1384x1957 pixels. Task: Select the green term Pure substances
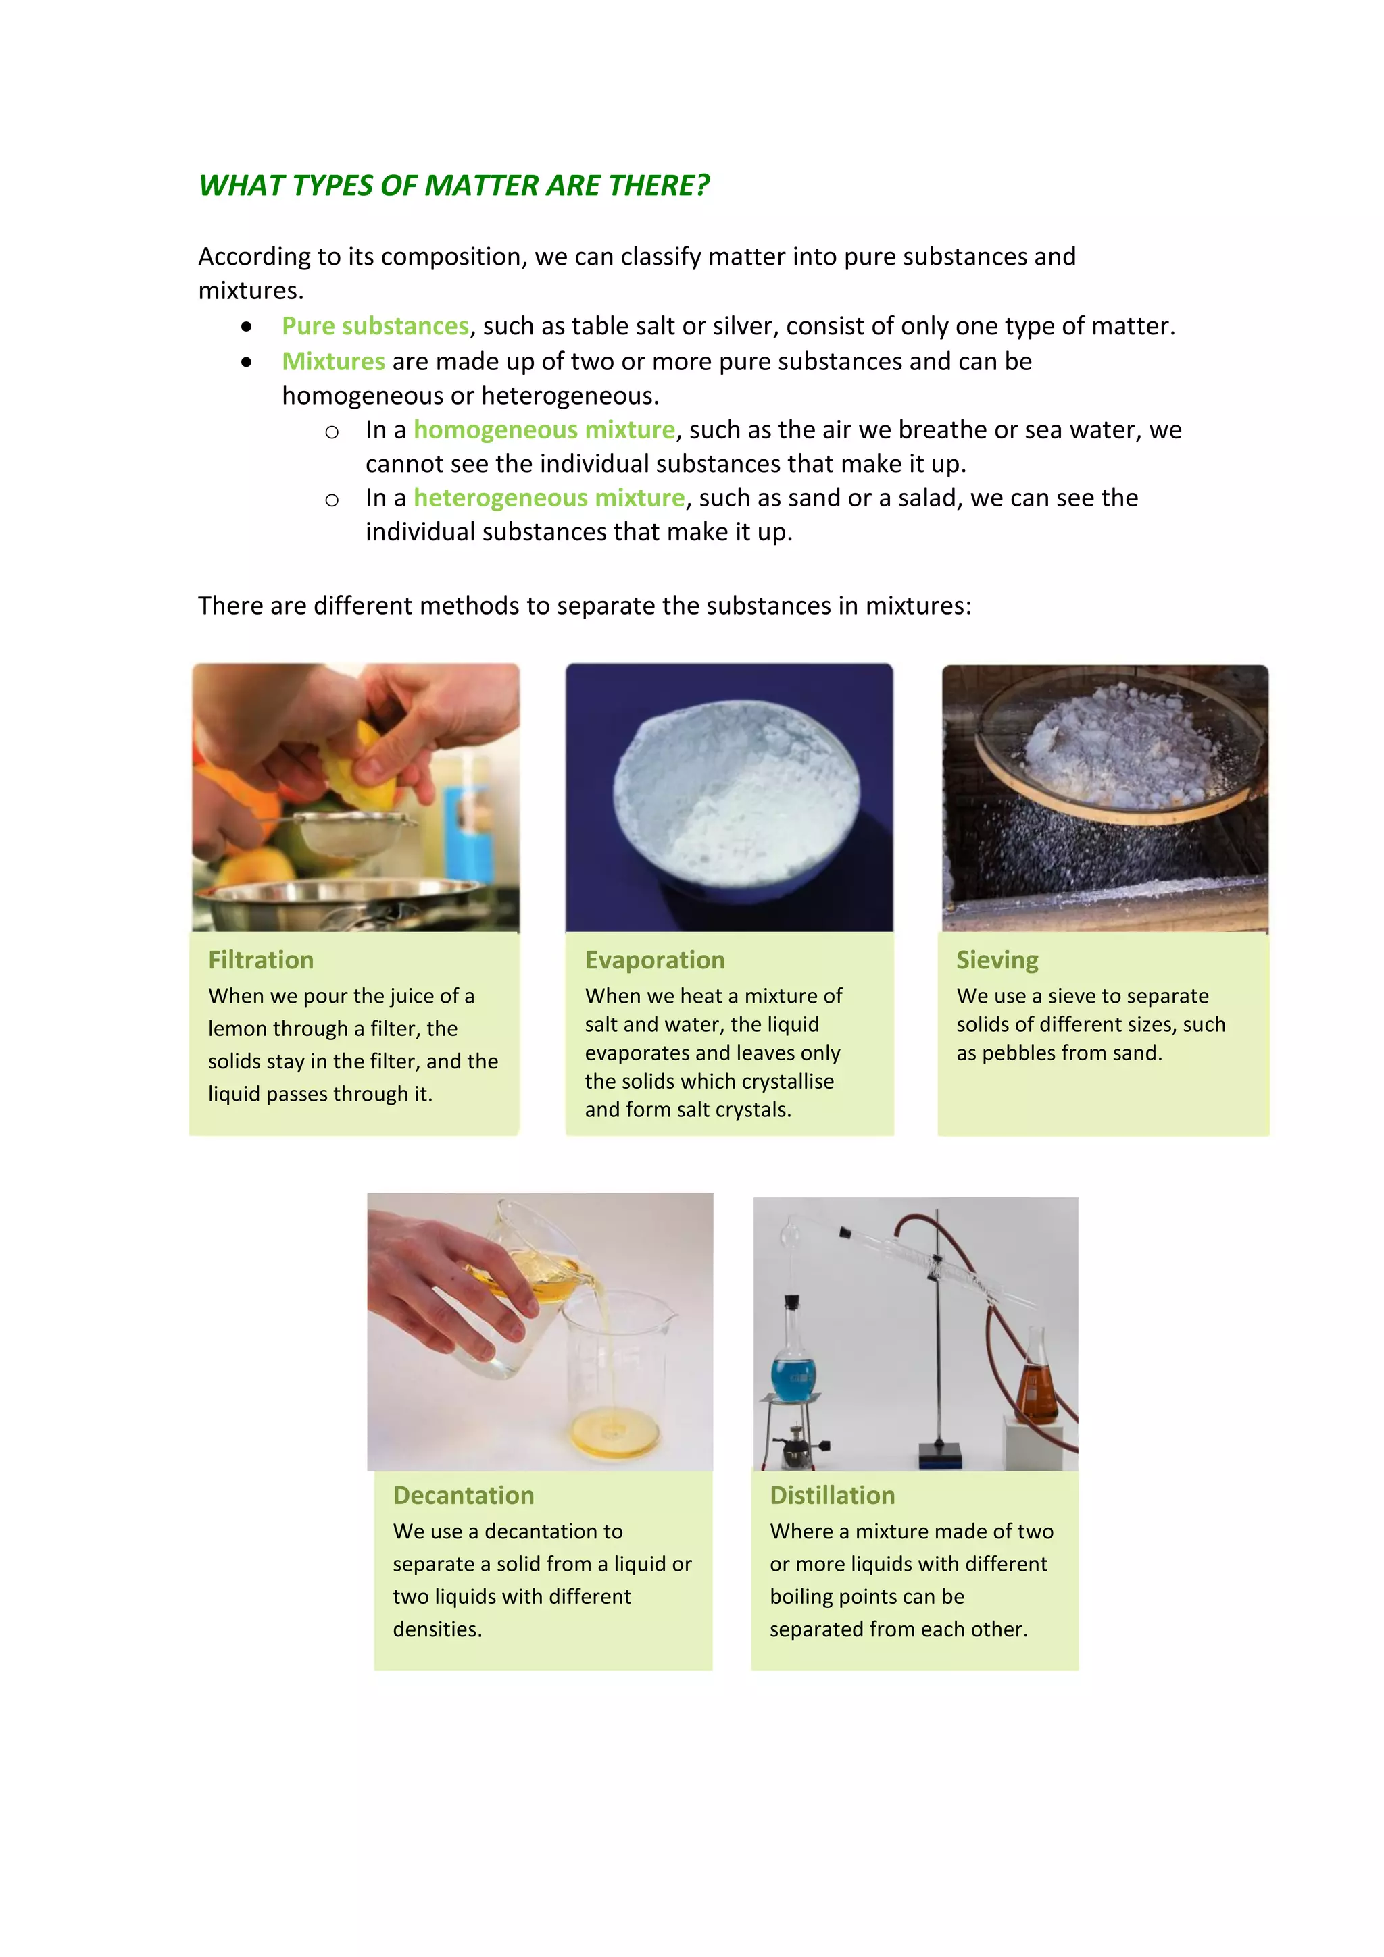pyautogui.click(x=375, y=325)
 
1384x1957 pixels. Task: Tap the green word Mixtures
pyautogui.click(x=333, y=361)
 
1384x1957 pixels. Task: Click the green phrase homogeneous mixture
pyautogui.click(x=544, y=429)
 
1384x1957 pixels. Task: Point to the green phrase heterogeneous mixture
pyautogui.click(x=549, y=498)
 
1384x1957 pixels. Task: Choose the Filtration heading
pyautogui.click(x=261, y=960)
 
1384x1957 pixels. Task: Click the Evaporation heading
pyautogui.click(x=654, y=960)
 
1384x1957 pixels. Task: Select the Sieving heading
pyautogui.click(x=997, y=960)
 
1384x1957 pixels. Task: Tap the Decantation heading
pyautogui.click(x=463, y=1495)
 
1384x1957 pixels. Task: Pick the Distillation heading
pyautogui.click(x=833, y=1495)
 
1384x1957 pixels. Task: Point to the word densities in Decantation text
pyautogui.click(x=437, y=1629)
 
